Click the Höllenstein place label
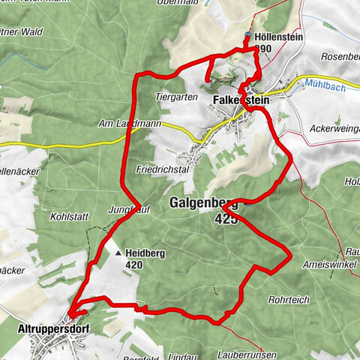279,36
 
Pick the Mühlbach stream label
325,85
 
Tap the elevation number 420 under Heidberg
135,264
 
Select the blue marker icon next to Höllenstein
248,35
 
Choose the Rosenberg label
340,57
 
